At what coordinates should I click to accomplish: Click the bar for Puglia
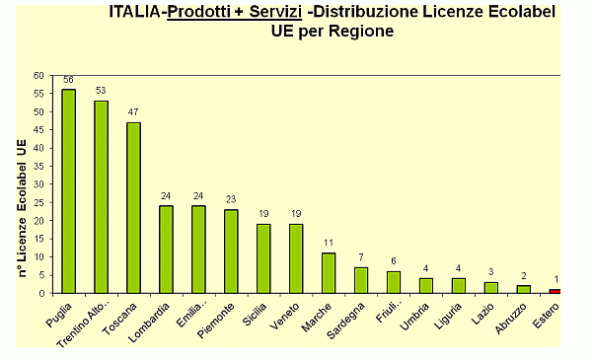coord(69,191)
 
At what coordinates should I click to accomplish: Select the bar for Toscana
coord(133,207)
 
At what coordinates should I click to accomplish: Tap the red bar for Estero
coord(555,291)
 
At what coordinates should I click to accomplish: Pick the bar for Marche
coord(329,273)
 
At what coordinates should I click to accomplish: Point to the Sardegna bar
coord(361,280)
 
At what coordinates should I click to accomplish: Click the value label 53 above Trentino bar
coord(101,91)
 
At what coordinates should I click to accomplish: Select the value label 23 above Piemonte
coord(230,199)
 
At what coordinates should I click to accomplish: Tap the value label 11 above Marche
coord(329,243)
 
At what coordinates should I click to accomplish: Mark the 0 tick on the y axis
coord(40,293)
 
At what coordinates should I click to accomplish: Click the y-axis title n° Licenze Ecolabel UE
coord(21,206)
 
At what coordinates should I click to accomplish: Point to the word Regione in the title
coord(361,31)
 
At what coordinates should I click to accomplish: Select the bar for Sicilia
coord(263,258)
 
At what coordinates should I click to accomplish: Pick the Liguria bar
coord(458,285)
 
